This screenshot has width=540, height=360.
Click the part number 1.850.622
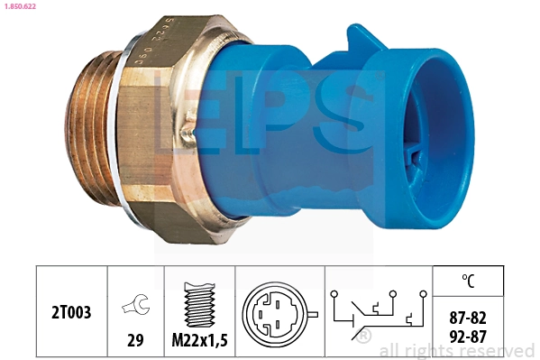(x=20, y=6)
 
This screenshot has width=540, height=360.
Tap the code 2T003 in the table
(x=71, y=312)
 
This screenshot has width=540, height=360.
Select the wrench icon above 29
(x=135, y=304)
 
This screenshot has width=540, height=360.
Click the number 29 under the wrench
(x=135, y=340)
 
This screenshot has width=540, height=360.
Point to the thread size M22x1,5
(x=200, y=340)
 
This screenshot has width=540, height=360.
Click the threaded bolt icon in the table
(x=200, y=304)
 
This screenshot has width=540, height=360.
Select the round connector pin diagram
(x=279, y=314)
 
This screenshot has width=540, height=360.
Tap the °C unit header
(x=468, y=281)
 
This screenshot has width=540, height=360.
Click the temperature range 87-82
(x=468, y=318)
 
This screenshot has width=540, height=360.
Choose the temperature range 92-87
(x=468, y=337)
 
